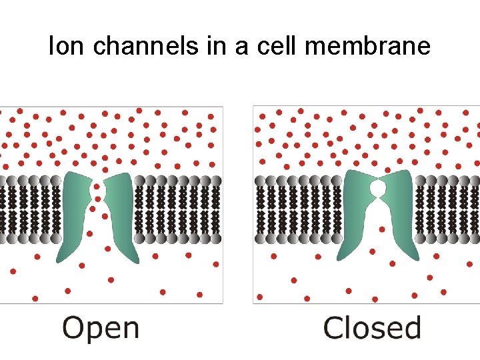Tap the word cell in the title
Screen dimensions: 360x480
tap(289, 46)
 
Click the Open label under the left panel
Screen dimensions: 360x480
tap(101, 328)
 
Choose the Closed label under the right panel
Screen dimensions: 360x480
tap(372, 328)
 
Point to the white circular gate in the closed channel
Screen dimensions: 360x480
tap(378, 190)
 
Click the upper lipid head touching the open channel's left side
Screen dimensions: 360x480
tap(56, 181)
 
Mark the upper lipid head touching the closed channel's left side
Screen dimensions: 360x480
tap(337, 181)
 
